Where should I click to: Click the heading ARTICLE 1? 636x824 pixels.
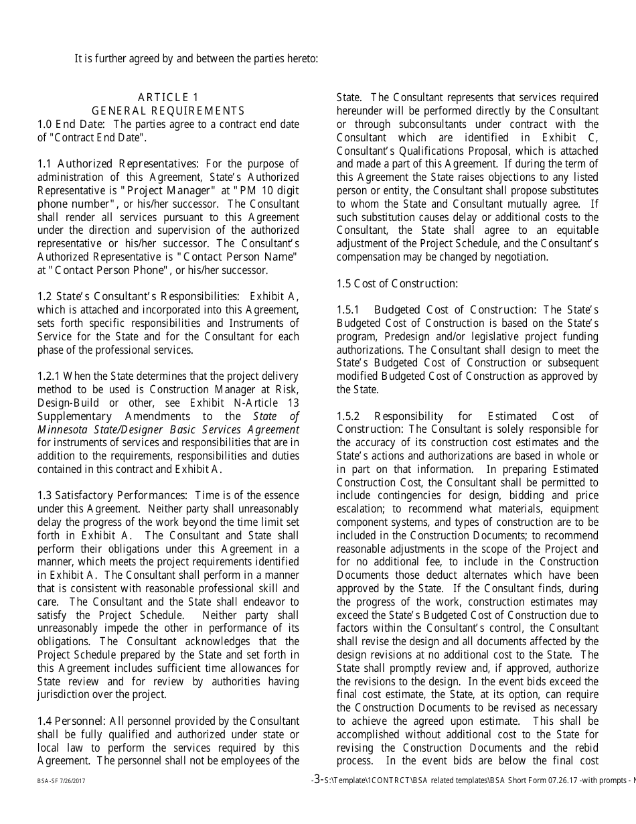tap(168, 98)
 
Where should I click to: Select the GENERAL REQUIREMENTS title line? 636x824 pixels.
tap(168, 111)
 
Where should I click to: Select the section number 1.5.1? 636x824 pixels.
tap(348, 310)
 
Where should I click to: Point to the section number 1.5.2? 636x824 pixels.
tap(348, 416)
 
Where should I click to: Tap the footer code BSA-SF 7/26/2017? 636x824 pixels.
tap(61, 781)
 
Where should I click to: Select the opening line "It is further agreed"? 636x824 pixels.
tap(196, 58)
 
